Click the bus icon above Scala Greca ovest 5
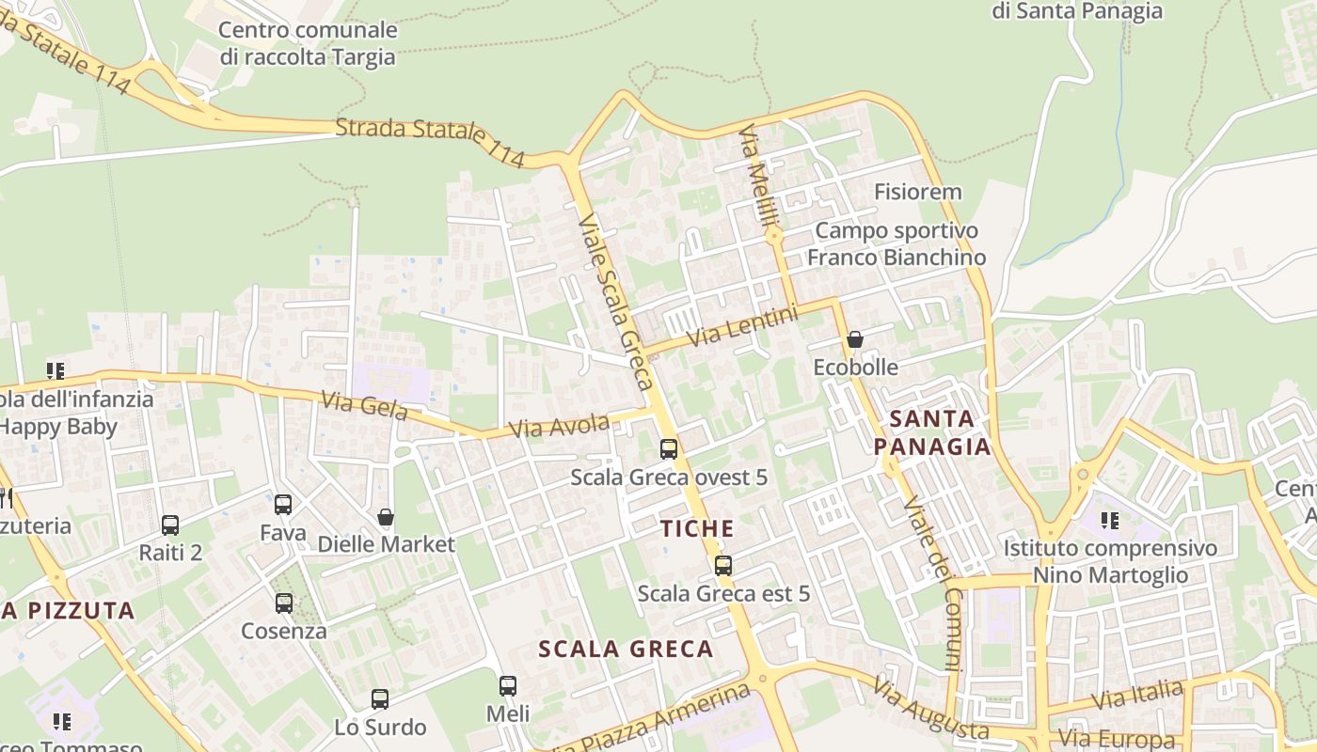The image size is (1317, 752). pos(669,448)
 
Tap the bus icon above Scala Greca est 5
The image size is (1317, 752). pos(722,565)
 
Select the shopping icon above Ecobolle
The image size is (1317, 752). pos(855,338)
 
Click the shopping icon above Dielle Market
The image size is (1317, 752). pos(385,516)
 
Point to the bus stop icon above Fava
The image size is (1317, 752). pos(283,505)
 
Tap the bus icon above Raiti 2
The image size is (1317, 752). pos(170,525)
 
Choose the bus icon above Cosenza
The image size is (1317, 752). pos(283,603)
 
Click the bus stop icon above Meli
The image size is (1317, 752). pos(508,685)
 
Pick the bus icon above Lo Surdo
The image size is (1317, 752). pos(380,698)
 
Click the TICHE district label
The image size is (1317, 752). pos(697,529)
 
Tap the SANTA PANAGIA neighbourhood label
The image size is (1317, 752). pos(932,432)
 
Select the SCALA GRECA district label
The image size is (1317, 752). pos(626,649)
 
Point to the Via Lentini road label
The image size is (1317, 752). pos(742,325)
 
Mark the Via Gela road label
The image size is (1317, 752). pos(364,406)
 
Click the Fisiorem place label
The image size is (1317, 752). pos(918,193)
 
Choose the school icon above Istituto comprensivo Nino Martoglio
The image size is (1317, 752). pos(1110,520)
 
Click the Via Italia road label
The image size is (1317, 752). pos(1137,697)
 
